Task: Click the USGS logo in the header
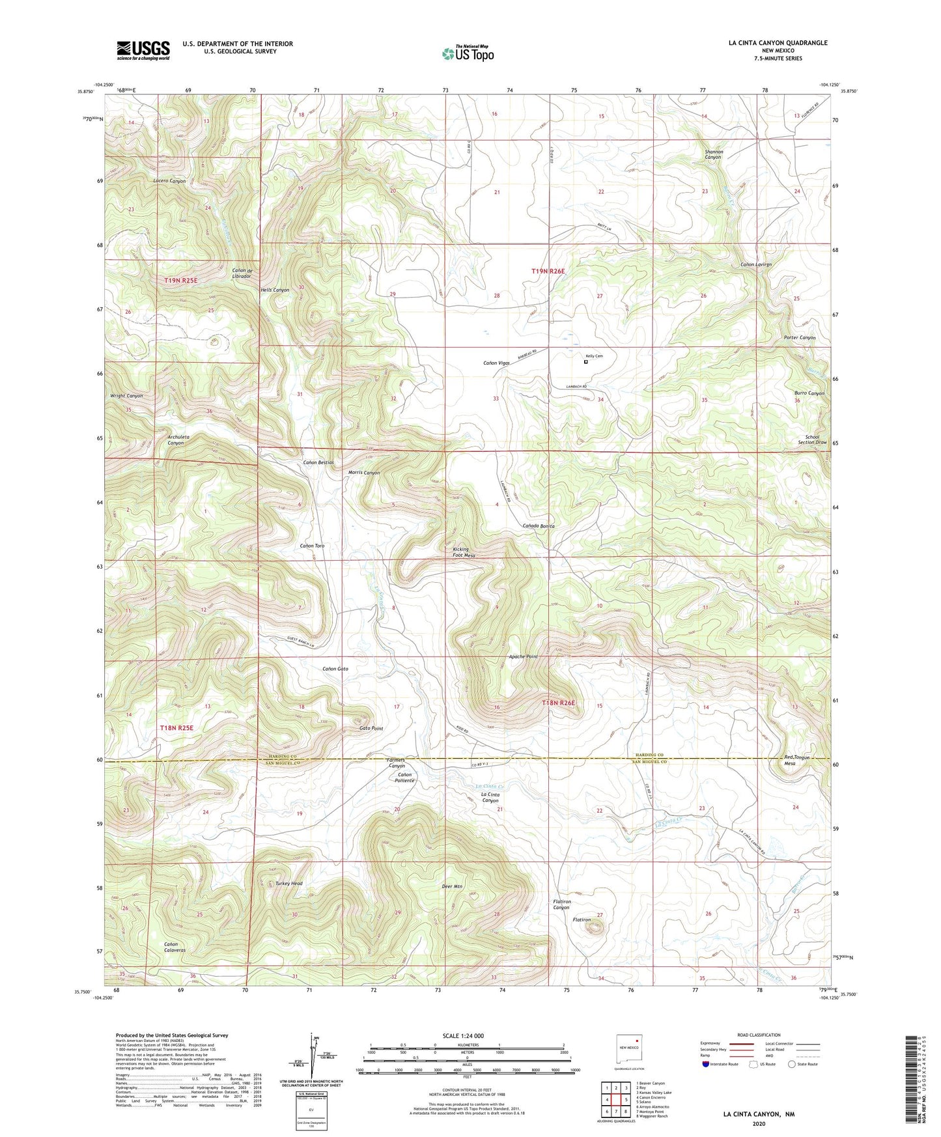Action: point(143,50)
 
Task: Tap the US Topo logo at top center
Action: point(468,53)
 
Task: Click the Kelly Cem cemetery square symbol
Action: point(585,362)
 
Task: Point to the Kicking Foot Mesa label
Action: point(464,552)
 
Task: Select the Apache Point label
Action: point(524,657)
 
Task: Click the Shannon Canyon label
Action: point(714,154)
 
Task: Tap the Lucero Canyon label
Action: point(169,181)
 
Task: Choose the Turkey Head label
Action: point(289,884)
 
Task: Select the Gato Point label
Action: point(371,729)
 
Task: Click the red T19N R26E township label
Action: point(552,270)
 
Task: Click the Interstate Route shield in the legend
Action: point(707,1064)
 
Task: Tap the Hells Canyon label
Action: point(275,290)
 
